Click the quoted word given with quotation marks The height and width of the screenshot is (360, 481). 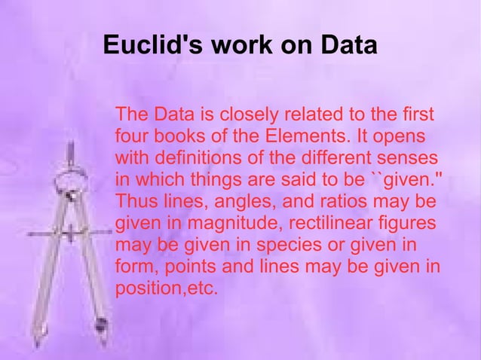[406, 181]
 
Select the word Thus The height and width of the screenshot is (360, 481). [134, 202]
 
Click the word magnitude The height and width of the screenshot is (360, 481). [228, 224]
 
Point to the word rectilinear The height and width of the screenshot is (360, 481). [336, 224]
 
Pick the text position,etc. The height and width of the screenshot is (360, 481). [166, 289]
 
